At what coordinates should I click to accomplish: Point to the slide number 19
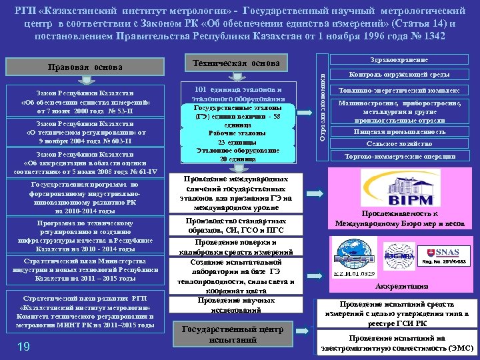[23, 345]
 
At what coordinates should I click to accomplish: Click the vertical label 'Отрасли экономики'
[321, 107]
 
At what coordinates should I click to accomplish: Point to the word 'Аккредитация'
[398, 287]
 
